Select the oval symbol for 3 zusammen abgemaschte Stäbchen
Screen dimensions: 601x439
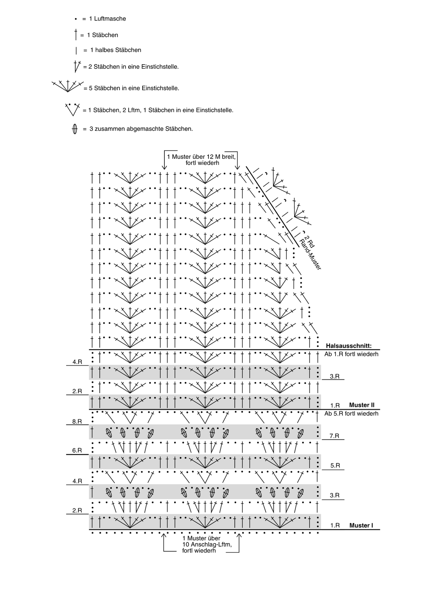point(74,129)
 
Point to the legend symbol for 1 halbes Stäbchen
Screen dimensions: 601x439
point(76,50)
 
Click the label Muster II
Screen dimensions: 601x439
point(362,405)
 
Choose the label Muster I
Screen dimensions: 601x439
point(361,525)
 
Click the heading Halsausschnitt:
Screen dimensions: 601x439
point(349,346)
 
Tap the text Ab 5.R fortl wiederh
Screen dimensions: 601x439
point(351,414)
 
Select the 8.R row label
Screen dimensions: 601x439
point(77,421)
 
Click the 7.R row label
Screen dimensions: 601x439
point(334,436)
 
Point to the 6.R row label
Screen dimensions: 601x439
point(77,450)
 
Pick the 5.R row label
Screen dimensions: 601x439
point(335,465)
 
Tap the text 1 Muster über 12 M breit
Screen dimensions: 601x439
point(201,157)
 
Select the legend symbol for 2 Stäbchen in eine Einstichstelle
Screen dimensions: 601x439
point(77,66)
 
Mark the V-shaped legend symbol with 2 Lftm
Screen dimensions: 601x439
point(72,109)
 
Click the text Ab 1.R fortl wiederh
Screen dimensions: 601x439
point(351,354)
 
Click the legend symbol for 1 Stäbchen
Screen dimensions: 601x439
point(76,34)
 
